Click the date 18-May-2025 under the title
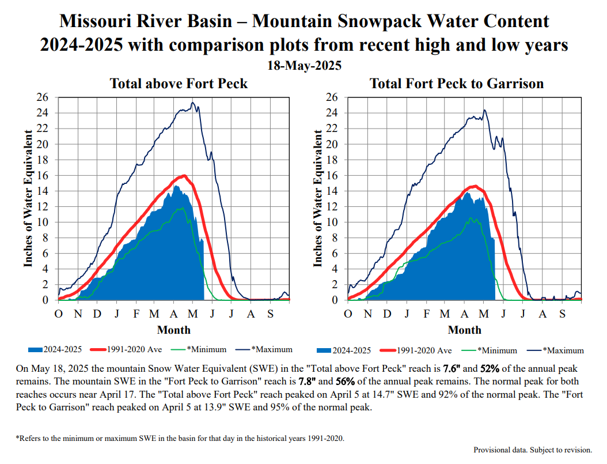pyautogui.click(x=304, y=66)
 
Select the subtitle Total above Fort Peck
pyautogui.click(x=179, y=84)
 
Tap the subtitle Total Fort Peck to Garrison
pyautogui.click(x=457, y=84)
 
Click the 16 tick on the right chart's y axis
pyautogui.click(x=330, y=175)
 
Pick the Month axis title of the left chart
pyautogui.click(x=173, y=330)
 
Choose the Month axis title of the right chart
pyautogui.click(x=464, y=330)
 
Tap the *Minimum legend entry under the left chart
pyautogui.click(x=206, y=349)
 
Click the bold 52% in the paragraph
pyautogui.click(x=491, y=368)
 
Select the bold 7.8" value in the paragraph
pyautogui.click(x=306, y=382)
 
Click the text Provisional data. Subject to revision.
pyautogui.click(x=532, y=450)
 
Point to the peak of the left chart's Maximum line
pyautogui.click(x=193, y=103)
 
